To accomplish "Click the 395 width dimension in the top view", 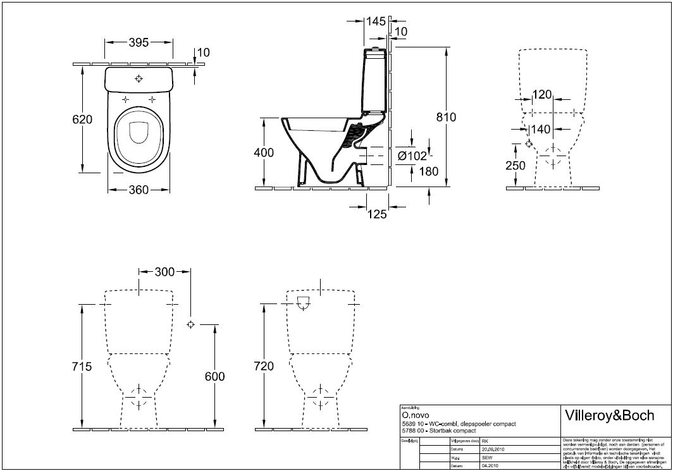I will (139, 43).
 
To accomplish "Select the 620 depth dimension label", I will (82, 119).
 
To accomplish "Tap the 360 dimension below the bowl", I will (139, 190).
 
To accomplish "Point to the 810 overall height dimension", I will (445, 117).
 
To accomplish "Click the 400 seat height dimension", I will (263, 152).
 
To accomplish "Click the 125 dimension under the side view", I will (376, 215).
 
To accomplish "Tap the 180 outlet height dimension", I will (428, 171).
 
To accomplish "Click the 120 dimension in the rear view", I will (542, 95).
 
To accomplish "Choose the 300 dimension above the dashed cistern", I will (164, 272).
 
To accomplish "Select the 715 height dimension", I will (82, 367).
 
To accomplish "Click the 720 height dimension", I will (262, 367).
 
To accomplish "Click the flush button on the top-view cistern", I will (139, 79).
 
